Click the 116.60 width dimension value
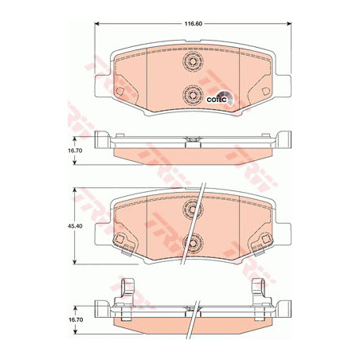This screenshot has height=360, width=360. coord(194,24)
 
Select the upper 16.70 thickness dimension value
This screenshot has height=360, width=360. coord(76,151)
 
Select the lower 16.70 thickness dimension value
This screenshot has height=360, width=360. coord(76,319)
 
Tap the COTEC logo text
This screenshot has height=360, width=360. coord(217,100)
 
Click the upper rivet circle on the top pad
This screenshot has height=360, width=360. coord(193,61)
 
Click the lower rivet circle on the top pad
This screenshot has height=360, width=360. coord(193,95)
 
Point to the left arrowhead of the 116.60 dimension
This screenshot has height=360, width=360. coord(97,24)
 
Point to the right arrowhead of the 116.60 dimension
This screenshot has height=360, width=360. coord(289,24)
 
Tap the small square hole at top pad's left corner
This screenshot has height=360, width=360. coord(119,92)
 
